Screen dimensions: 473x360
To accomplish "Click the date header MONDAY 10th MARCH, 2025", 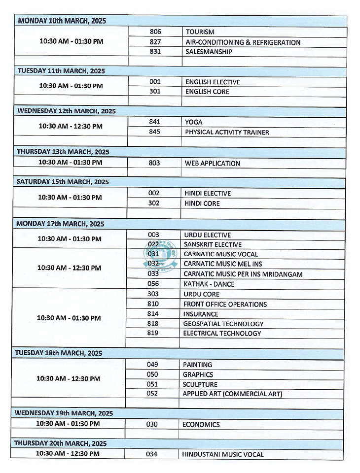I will pyautogui.click(x=62, y=21).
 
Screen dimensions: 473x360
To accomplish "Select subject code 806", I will pyautogui.click(x=155, y=32).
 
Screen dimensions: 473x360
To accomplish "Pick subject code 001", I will pyautogui.click(x=155, y=82).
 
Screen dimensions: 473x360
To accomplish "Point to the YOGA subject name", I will pyautogui.click(x=194, y=122).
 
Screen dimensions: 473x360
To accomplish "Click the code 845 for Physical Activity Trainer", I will pyautogui.click(x=154, y=132).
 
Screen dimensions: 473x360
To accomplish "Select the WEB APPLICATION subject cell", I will pyautogui.click(x=213, y=163).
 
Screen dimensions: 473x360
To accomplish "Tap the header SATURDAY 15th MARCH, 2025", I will pyautogui.click(x=63, y=182).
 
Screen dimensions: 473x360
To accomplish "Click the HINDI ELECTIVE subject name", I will pyautogui.click(x=207, y=194).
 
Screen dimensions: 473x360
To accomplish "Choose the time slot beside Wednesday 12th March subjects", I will pyautogui.click(x=71, y=126).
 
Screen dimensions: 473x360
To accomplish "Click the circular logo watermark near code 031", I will pyautogui.click(x=160, y=257).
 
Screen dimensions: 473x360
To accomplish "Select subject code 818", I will pyautogui.click(x=153, y=324).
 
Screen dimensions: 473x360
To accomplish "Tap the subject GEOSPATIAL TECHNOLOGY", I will pyautogui.click(x=223, y=324).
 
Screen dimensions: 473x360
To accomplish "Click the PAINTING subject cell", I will pyautogui.click(x=197, y=365).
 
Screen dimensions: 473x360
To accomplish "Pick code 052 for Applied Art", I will pyautogui.click(x=152, y=394).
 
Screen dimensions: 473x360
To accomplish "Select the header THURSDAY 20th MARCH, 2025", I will pyautogui.click(x=60, y=443).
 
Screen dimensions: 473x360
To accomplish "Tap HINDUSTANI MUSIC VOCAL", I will pyautogui.click(x=223, y=455).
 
